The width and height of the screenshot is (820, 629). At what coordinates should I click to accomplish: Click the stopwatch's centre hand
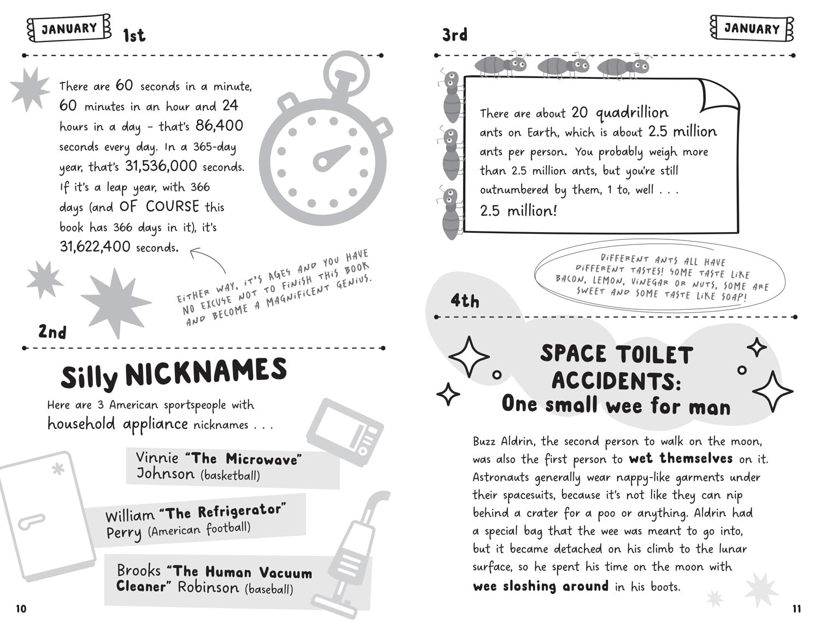(x=331, y=157)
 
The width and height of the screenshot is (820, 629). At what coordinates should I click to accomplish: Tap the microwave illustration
(x=344, y=432)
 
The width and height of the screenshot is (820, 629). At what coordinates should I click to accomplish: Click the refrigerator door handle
(x=31, y=522)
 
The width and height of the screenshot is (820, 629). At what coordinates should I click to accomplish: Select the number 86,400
(x=219, y=126)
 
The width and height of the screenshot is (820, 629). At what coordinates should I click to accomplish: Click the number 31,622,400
(x=95, y=247)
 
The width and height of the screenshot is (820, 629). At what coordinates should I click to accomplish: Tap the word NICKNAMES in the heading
(x=206, y=373)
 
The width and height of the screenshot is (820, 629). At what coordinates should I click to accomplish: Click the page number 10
(x=21, y=609)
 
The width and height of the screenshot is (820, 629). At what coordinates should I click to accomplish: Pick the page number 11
(x=796, y=609)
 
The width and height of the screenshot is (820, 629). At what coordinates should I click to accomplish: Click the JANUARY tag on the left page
(x=69, y=28)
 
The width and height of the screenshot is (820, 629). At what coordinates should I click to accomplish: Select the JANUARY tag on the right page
(x=752, y=28)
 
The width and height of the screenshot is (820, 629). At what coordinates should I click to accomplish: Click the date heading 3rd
(x=455, y=35)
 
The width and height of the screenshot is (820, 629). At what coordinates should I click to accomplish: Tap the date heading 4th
(x=465, y=301)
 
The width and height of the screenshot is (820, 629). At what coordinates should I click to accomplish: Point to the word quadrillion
(x=632, y=113)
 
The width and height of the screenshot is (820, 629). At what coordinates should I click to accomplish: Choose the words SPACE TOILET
(x=617, y=354)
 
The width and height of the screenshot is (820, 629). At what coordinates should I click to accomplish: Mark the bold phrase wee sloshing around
(x=540, y=586)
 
